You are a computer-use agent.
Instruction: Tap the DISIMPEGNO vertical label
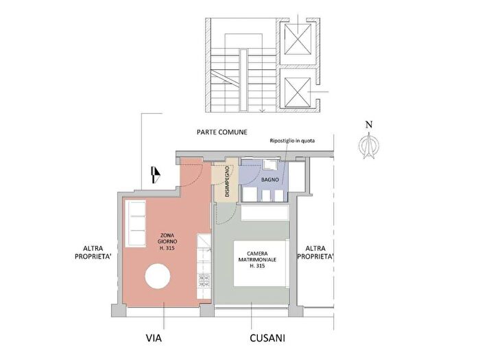click(x=226, y=181)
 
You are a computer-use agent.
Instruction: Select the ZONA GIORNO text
click(x=167, y=241)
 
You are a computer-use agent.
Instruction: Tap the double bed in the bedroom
click(x=260, y=263)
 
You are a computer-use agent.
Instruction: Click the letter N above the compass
click(x=369, y=124)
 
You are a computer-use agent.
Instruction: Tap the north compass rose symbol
click(x=369, y=145)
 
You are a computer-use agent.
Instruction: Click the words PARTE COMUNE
click(x=221, y=131)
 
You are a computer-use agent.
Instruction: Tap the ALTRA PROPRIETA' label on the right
click(x=315, y=252)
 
